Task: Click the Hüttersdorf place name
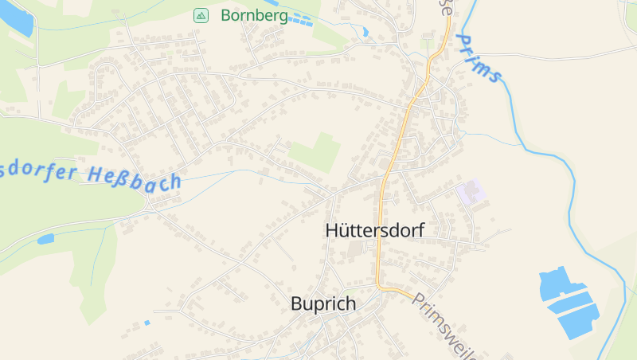tap(375, 230)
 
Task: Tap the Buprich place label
tap(323, 303)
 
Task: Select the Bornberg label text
tap(254, 15)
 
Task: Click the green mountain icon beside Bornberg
tap(201, 15)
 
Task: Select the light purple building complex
tap(471, 192)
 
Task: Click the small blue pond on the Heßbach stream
tap(45, 238)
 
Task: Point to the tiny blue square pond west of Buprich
tap(147, 323)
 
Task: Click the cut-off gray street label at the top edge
tap(443, 6)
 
